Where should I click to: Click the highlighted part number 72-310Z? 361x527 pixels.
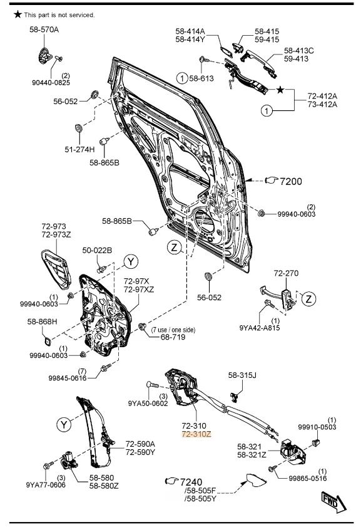point(196,434)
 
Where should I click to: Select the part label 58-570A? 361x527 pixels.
point(44,29)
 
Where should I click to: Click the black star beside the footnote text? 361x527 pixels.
point(18,14)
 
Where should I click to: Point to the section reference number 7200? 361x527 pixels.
point(291,182)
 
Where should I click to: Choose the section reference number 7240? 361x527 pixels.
point(191,482)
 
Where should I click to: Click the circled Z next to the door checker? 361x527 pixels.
point(308,298)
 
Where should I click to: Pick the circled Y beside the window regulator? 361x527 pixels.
point(64,424)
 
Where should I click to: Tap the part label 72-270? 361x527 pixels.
point(286,273)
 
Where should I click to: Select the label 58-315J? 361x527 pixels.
point(242,375)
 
